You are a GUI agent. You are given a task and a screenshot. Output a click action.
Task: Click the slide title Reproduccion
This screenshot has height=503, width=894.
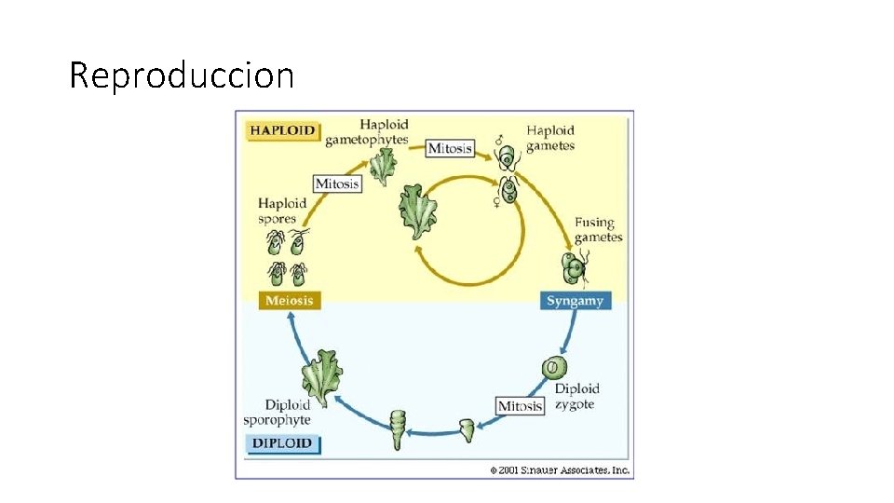182,75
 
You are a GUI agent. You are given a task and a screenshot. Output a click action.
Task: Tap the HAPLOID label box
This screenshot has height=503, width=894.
282,130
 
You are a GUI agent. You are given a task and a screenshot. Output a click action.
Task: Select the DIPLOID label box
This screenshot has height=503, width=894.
281,443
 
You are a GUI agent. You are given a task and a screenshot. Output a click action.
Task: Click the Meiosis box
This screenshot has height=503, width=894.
289,300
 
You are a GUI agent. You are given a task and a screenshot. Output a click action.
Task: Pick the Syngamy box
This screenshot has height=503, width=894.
576,301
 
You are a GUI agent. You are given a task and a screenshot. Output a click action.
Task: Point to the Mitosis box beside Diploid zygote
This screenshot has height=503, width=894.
521,406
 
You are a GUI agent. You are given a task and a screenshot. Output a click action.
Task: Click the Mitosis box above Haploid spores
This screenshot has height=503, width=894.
337,184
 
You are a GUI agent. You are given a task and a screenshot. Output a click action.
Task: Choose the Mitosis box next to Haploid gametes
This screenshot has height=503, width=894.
450,148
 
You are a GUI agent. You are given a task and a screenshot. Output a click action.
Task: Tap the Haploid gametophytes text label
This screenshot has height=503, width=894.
367,132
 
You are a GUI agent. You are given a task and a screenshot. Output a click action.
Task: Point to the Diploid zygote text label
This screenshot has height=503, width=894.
576,396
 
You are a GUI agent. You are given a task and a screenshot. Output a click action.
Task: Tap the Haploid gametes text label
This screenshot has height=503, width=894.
550,138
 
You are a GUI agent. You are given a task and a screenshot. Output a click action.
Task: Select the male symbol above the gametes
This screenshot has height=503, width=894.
499,141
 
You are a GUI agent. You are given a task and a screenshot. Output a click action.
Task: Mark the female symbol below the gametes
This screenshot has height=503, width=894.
496,200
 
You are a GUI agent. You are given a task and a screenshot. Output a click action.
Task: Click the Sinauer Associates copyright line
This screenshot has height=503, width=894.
561,469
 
